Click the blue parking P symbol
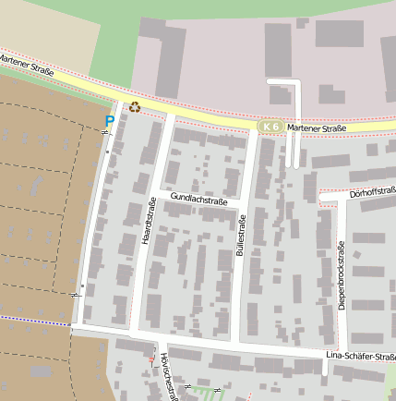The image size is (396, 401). click(x=110, y=121)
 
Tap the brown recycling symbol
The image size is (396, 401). click(x=135, y=107)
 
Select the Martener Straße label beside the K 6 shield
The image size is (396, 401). click(x=316, y=128)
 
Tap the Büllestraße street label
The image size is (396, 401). click(x=242, y=235)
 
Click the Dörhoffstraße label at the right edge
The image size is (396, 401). click(x=373, y=193)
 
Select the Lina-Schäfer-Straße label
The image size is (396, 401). click(x=360, y=357)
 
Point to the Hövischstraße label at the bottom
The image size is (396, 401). click(x=165, y=377)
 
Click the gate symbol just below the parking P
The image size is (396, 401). click(x=104, y=134)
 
